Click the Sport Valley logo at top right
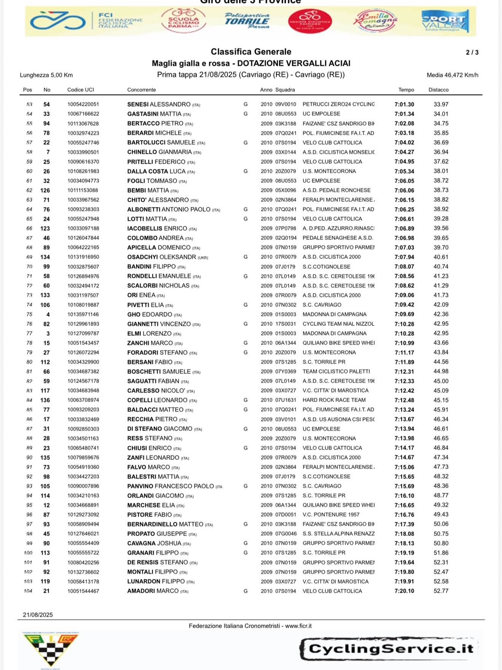click(x=445, y=21)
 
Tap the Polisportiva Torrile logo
click(x=247, y=21)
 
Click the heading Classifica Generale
click(x=251, y=52)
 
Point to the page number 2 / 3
click(x=472, y=53)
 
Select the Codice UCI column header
click(x=81, y=90)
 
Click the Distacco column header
click(x=438, y=90)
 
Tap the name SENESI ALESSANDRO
click(x=159, y=104)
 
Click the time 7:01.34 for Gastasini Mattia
click(x=404, y=114)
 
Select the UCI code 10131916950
click(x=83, y=257)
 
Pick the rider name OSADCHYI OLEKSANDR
click(x=162, y=257)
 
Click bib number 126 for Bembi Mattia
click(x=45, y=190)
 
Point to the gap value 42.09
click(x=441, y=305)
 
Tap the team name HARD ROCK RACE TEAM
click(x=334, y=400)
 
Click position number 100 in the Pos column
click(x=28, y=553)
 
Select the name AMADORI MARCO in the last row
click(x=153, y=591)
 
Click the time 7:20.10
click(x=404, y=591)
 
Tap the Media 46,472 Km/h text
click(x=452, y=75)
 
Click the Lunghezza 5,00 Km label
click(x=46, y=75)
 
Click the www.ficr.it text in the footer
click(x=298, y=626)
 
